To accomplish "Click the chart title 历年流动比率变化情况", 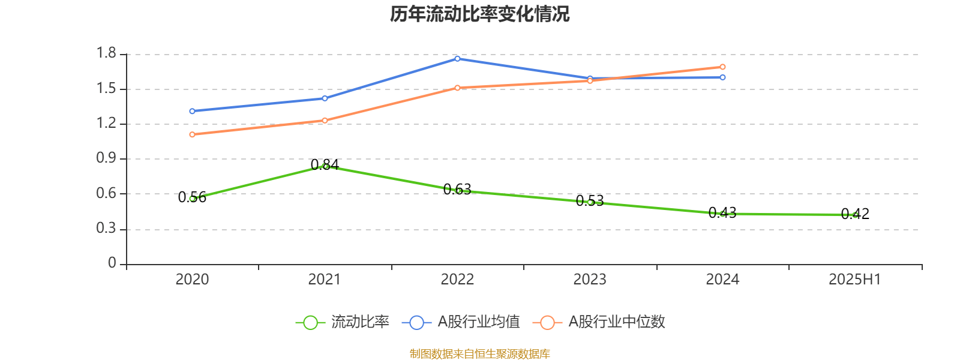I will (x=479, y=14).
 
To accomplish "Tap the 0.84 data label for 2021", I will (x=325, y=164).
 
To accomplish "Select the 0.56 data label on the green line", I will (x=192, y=197).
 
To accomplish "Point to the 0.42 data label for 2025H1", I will (x=855, y=214).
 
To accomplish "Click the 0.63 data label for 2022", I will (x=457, y=190).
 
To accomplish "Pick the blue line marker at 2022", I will (x=457, y=58).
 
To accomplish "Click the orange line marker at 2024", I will (x=722, y=67).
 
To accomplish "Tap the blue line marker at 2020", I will (x=192, y=111).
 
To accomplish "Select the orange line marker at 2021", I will (x=325, y=120).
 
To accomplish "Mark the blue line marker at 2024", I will (x=722, y=77).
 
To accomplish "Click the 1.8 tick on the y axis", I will (x=106, y=54).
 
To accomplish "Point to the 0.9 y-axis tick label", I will (x=106, y=158).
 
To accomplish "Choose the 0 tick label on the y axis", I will (x=112, y=263).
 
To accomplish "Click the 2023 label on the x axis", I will (x=590, y=280).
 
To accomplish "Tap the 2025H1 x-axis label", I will (x=854, y=280).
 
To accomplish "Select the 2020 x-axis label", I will (x=192, y=280).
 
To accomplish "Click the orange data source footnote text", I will (x=479, y=354).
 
